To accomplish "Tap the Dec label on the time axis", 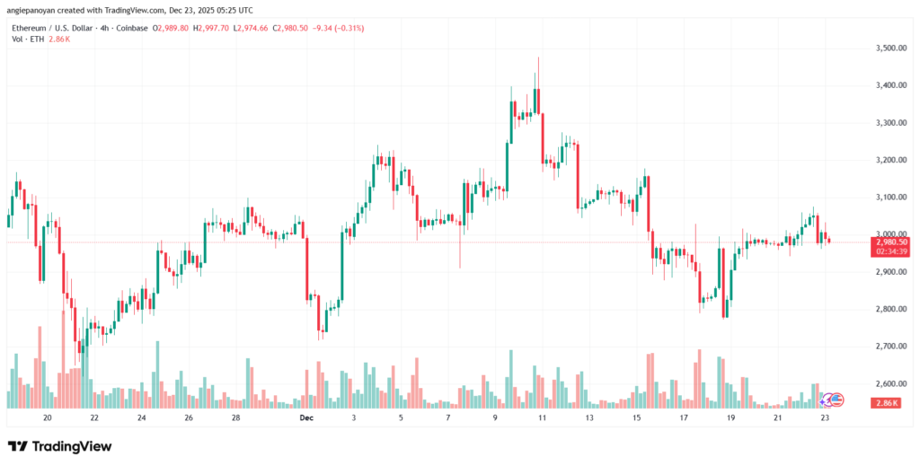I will tap(307, 418).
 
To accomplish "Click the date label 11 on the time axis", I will tap(542, 418).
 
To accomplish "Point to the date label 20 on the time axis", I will tap(47, 418).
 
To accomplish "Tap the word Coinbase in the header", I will tap(128, 29).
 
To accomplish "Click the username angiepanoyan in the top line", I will tap(34, 11).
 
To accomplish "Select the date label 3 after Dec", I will tap(354, 418).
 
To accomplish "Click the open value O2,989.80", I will tap(172, 29).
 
